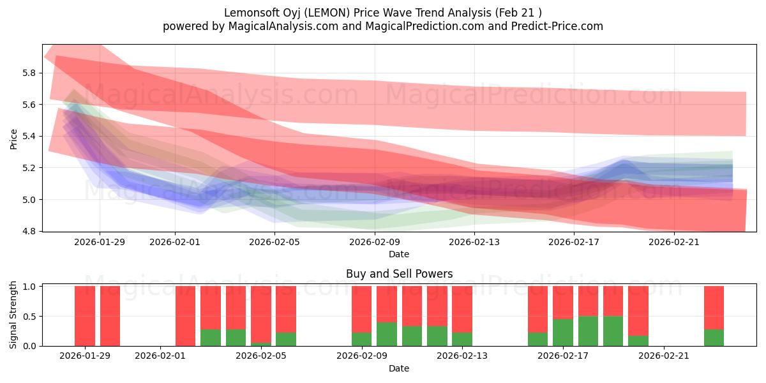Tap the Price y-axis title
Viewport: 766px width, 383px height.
[13, 139]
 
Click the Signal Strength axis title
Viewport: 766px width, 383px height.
[13, 316]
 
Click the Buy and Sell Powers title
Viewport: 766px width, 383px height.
[399, 274]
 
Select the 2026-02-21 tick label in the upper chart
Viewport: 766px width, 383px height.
[674, 242]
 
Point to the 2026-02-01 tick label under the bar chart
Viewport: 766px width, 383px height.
[160, 356]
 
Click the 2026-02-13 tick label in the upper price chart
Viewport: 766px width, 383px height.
[474, 242]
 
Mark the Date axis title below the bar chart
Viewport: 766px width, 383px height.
[399, 368]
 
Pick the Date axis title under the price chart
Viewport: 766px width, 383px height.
[399, 254]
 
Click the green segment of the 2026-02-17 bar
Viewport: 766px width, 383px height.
[563, 333]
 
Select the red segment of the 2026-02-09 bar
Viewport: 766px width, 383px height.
[361, 309]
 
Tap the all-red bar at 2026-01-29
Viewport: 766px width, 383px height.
[85, 316]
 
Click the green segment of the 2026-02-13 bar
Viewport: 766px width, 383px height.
[462, 340]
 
